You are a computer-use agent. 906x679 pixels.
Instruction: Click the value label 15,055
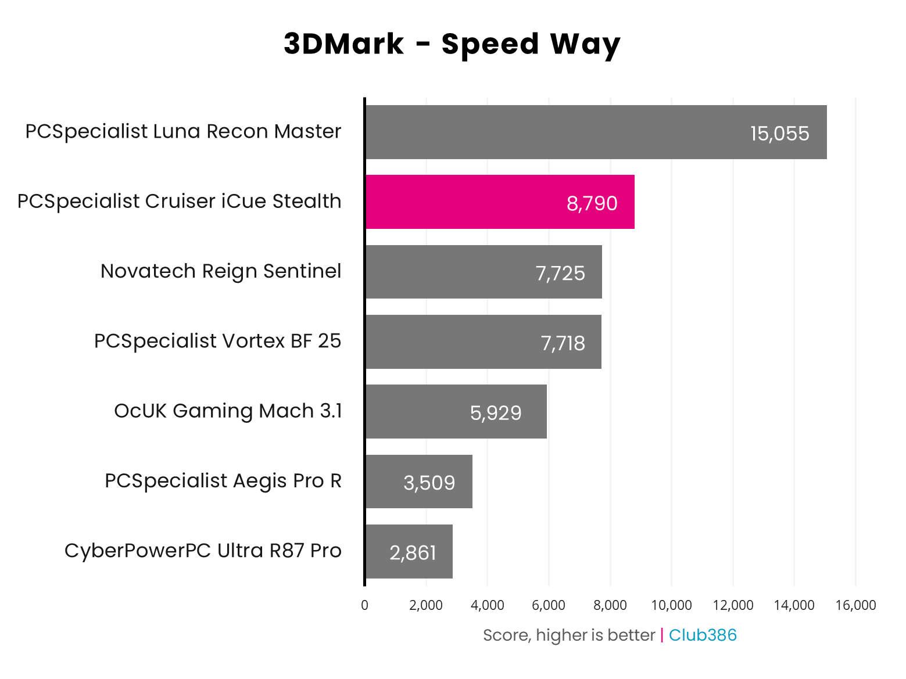point(779,134)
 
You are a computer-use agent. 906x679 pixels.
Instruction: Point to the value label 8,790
point(592,203)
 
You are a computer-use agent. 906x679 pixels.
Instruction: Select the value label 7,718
point(563,343)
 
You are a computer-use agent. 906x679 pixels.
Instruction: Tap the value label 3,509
point(429,483)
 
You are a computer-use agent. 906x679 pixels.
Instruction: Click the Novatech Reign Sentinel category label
point(221,271)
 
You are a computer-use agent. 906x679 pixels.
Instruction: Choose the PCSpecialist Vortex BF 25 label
point(217,341)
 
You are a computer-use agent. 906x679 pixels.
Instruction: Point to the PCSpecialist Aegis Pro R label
point(223,481)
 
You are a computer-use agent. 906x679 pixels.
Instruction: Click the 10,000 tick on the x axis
point(671,605)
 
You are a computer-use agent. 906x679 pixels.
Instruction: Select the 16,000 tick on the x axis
point(855,605)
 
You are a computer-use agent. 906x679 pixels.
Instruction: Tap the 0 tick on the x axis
point(364,605)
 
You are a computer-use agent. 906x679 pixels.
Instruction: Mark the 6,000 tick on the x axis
point(549,605)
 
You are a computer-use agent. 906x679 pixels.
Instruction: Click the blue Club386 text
point(703,635)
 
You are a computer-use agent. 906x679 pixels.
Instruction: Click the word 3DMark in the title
point(343,44)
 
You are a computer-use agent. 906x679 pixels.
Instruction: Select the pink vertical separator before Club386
point(662,635)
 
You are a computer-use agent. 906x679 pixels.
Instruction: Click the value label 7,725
point(560,273)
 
